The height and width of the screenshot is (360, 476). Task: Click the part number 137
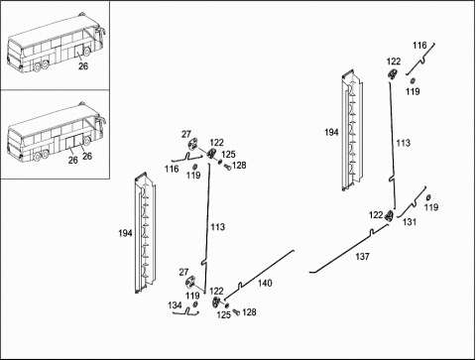pos(362,256)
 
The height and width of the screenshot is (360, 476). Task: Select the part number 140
pos(265,283)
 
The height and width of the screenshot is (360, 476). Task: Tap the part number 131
pos(410,222)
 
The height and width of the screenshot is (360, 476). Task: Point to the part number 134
pos(175,305)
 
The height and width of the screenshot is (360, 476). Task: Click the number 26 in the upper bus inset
pos(83,66)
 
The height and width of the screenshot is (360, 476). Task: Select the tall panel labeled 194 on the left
pos(145,233)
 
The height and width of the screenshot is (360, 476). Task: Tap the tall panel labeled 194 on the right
pos(352,130)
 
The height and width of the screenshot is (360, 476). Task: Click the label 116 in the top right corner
pos(419,46)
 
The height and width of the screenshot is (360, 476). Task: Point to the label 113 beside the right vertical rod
pos(404,143)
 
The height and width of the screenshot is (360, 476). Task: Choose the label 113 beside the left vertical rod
pos(218,227)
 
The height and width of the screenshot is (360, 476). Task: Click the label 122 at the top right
pos(394,61)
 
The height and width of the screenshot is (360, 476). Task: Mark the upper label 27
pos(186,134)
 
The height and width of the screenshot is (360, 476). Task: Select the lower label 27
pos(183,272)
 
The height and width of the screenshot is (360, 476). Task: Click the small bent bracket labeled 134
pos(185,311)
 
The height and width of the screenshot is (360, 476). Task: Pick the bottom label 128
pos(249,312)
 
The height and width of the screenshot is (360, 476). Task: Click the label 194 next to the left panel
pos(125,233)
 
